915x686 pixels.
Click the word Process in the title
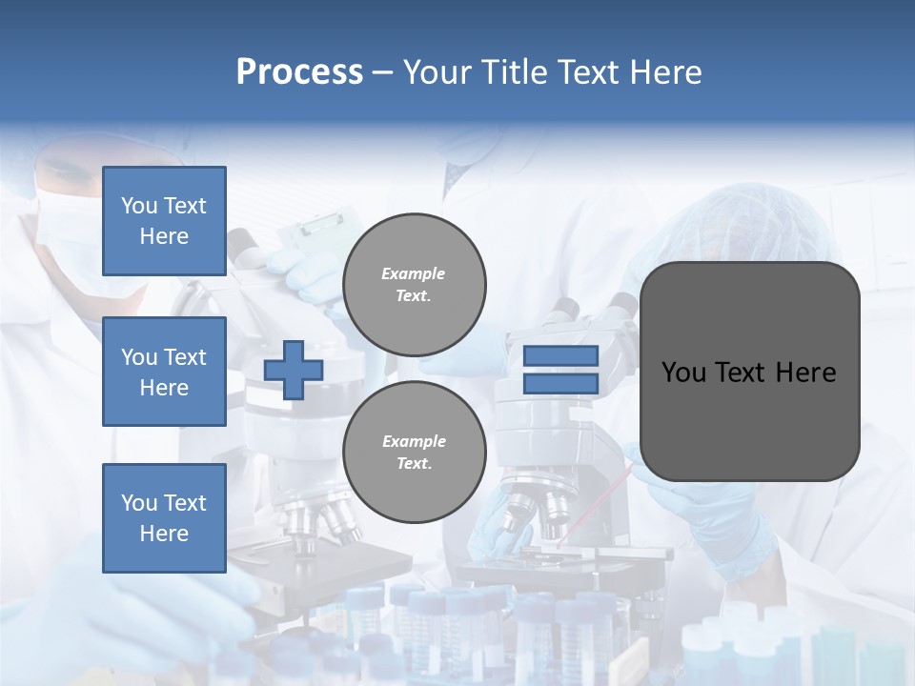299,72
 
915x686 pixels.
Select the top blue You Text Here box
164,221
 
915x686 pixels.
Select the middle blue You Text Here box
164,372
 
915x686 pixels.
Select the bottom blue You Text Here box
164,517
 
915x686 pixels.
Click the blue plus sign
294,371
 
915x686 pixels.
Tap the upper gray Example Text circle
414,285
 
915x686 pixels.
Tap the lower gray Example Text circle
414,453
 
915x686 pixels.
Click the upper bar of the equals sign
560,355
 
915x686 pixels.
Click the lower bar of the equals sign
560,384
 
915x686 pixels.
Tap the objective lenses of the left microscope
319,519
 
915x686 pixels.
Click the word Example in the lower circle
414,441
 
